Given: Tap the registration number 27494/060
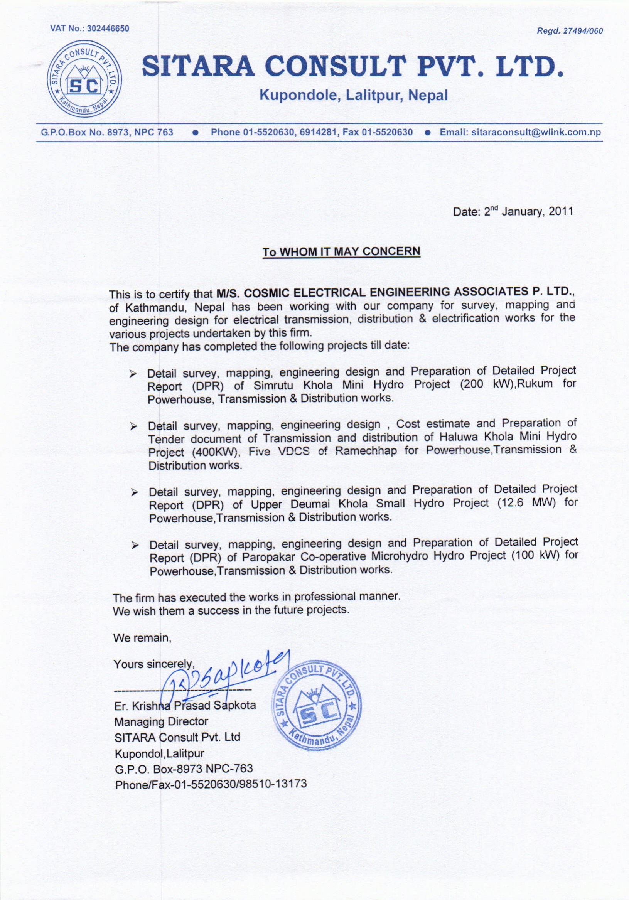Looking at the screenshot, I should (583, 32).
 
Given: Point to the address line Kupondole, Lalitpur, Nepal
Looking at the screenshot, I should (354, 95).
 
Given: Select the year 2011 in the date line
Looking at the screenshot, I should (561, 212).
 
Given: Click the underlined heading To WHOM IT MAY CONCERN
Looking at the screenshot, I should (341, 252).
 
